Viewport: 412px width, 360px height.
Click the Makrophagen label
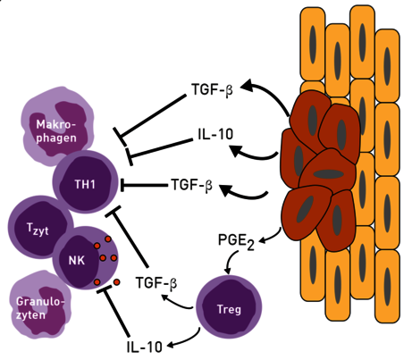pyautogui.click(x=56, y=131)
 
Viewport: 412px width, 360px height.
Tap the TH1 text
pyautogui.click(x=85, y=185)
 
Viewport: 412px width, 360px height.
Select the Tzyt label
pyautogui.click(x=38, y=230)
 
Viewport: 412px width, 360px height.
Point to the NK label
pyautogui.click(x=77, y=261)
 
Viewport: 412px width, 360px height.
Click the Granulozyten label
pyautogui.click(x=40, y=308)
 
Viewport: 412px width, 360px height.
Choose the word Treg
pyautogui.click(x=229, y=310)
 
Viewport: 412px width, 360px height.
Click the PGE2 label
pyautogui.click(x=236, y=241)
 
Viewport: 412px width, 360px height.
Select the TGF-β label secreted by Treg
pyautogui.click(x=156, y=282)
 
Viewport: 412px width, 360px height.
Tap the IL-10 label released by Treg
pyautogui.click(x=145, y=347)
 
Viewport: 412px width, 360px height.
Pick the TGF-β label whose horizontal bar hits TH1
pyautogui.click(x=192, y=185)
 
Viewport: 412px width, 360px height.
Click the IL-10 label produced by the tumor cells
pyautogui.click(x=215, y=134)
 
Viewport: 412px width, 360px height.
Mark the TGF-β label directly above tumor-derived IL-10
pyautogui.click(x=212, y=89)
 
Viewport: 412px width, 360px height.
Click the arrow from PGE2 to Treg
pyautogui.click(x=230, y=262)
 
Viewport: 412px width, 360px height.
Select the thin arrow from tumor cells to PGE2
pyautogui.click(x=272, y=237)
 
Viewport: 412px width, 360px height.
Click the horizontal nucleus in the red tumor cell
pyautogui.click(x=329, y=174)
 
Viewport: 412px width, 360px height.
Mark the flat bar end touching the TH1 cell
pyautogui.click(x=122, y=185)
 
